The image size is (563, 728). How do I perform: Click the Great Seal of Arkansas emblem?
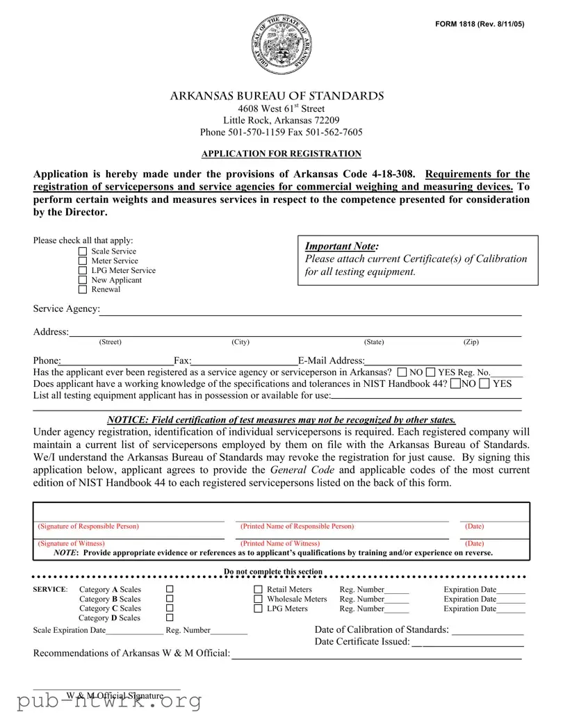pyautogui.click(x=281, y=46)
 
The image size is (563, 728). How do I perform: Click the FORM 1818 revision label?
pyautogui.click(x=480, y=24)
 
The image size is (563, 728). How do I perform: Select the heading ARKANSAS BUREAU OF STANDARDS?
pyautogui.click(x=277, y=96)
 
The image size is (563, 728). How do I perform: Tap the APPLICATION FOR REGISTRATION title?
pyautogui.click(x=281, y=154)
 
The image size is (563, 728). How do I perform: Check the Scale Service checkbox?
pyautogui.click(x=83, y=251)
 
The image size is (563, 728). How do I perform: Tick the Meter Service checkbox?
pyautogui.click(x=83, y=261)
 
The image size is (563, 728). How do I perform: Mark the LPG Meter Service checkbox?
pyautogui.click(x=83, y=271)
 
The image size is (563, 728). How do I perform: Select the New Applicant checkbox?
pyautogui.click(x=83, y=281)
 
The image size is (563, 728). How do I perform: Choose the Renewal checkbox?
pyautogui.click(x=83, y=290)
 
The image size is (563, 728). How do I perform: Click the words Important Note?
pyautogui.click(x=342, y=246)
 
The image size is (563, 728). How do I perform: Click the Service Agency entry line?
pyautogui.click(x=310, y=310)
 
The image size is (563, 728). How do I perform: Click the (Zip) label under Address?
pyautogui.click(x=471, y=342)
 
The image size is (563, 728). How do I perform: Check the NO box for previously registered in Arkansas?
pyautogui.click(x=402, y=372)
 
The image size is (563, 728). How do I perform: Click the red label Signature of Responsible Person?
pyautogui.click(x=88, y=527)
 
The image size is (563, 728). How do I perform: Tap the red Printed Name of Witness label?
pyautogui.click(x=280, y=543)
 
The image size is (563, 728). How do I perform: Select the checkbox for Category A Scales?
pyautogui.click(x=170, y=590)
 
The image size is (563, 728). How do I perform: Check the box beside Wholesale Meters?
pyautogui.click(x=259, y=599)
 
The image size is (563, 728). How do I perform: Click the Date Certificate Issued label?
pyautogui.click(x=362, y=641)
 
